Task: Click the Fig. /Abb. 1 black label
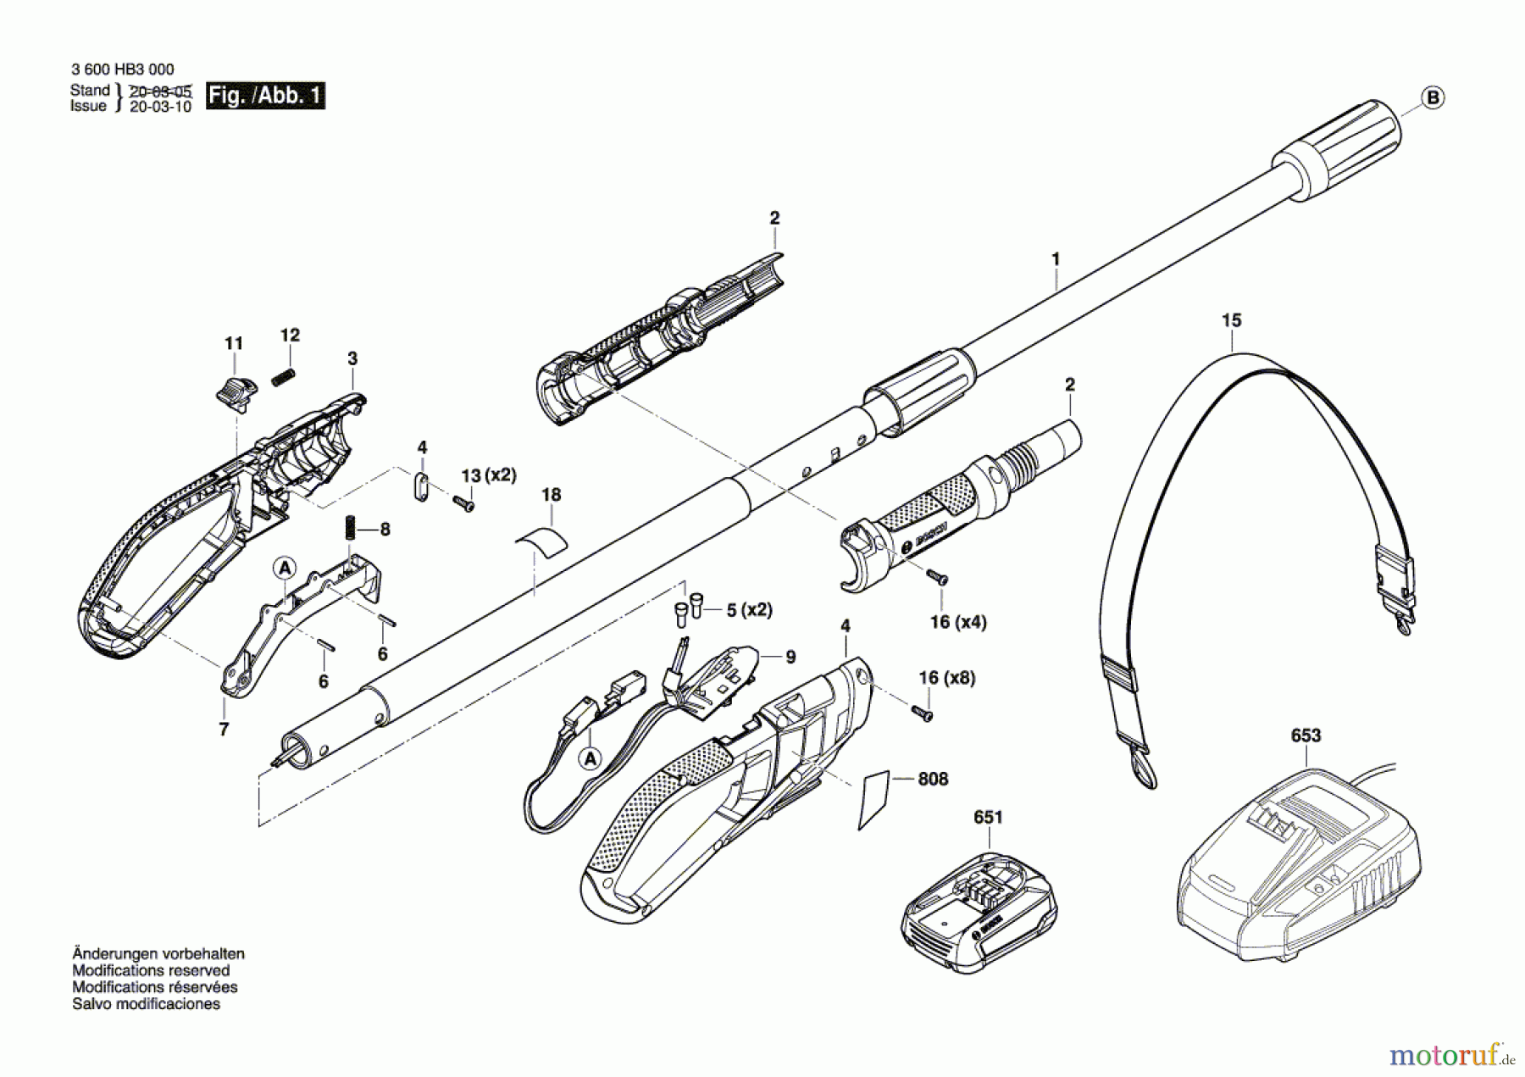(265, 95)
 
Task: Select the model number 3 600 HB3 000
(123, 70)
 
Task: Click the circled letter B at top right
(1433, 97)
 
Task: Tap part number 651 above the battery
(988, 817)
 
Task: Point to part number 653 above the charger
(1306, 736)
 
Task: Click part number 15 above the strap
(1231, 320)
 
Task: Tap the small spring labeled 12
(282, 378)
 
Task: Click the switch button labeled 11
(234, 391)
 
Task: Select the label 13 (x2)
(488, 475)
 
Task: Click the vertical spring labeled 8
(349, 530)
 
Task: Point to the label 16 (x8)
(946, 678)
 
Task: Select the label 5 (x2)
(749, 610)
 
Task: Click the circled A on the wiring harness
(591, 758)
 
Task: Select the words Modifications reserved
(151, 970)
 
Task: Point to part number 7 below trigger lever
(224, 729)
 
